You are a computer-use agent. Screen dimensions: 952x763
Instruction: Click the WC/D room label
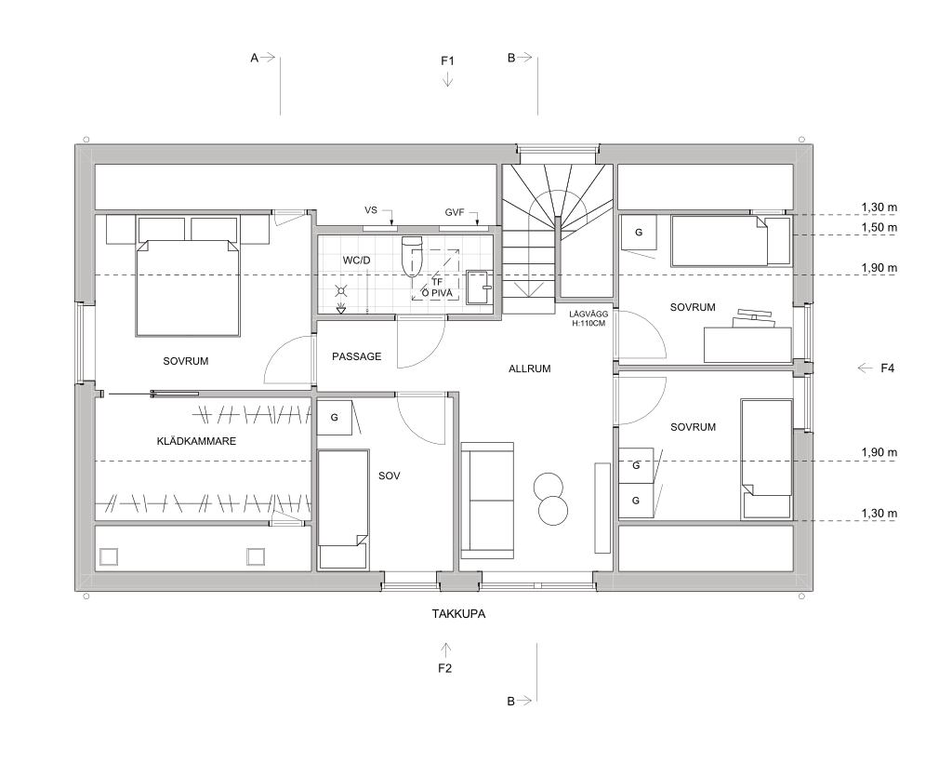(356, 261)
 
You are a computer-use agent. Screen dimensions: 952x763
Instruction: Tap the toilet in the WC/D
(412, 255)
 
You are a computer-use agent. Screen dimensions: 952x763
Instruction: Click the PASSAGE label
(356, 356)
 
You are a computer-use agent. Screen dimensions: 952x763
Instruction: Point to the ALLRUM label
(529, 368)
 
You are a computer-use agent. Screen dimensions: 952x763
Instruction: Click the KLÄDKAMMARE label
(196, 441)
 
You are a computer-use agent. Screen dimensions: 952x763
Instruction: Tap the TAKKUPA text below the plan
(458, 614)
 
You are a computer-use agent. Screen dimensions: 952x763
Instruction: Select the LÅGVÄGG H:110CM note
(588, 319)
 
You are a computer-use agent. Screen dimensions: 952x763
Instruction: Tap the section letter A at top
(255, 58)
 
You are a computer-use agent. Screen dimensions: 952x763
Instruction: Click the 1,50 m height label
(879, 228)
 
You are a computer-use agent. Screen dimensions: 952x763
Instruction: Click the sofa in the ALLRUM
(487, 500)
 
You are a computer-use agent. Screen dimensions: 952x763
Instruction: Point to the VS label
(370, 210)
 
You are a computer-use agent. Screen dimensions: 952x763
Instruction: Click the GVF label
(454, 213)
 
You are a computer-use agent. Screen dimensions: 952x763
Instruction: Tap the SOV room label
(390, 475)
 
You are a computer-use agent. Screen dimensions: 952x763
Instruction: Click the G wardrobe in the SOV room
(334, 418)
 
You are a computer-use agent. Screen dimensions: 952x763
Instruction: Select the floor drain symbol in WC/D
(341, 310)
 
